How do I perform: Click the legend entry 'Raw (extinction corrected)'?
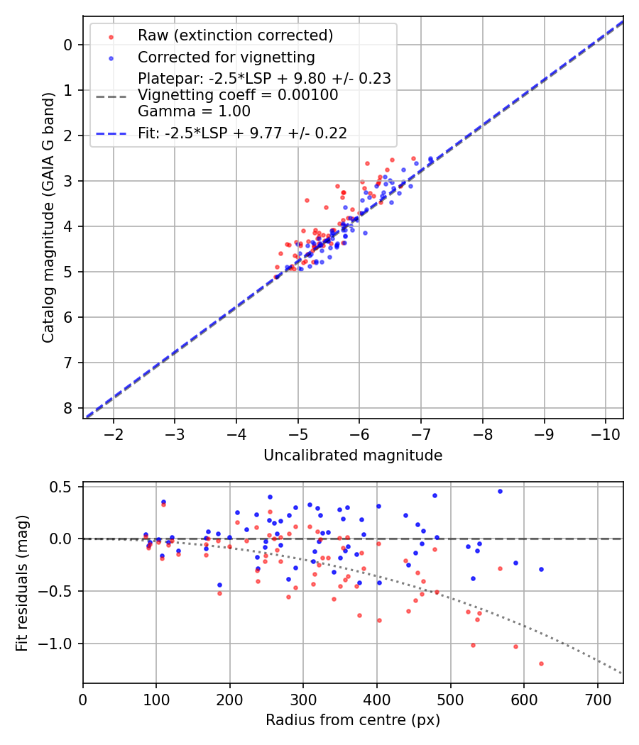click(x=235, y=35)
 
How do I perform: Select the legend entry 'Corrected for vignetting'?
click(x=226, y=57)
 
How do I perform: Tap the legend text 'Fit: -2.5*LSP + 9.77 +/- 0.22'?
click(x=242, y=133)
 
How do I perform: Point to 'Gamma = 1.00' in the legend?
click(x=194, y=111)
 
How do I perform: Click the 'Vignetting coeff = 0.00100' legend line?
click(x=238, y=95)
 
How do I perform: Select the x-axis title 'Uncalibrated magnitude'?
click(x=353, y=456)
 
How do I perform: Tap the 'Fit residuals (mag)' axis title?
click(x=22, y=583)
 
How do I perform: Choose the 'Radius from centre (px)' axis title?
click(x=353, y=720)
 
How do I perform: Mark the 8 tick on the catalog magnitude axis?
click(x=68, y=408)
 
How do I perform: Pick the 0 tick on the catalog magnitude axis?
click(x=68, y=45)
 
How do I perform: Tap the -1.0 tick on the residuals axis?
click(x=60, y=644)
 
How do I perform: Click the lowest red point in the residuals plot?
click(x=541, y=663)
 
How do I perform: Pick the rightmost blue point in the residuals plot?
click(x=541, y=569)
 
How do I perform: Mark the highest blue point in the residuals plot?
click(x=500, y=491)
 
